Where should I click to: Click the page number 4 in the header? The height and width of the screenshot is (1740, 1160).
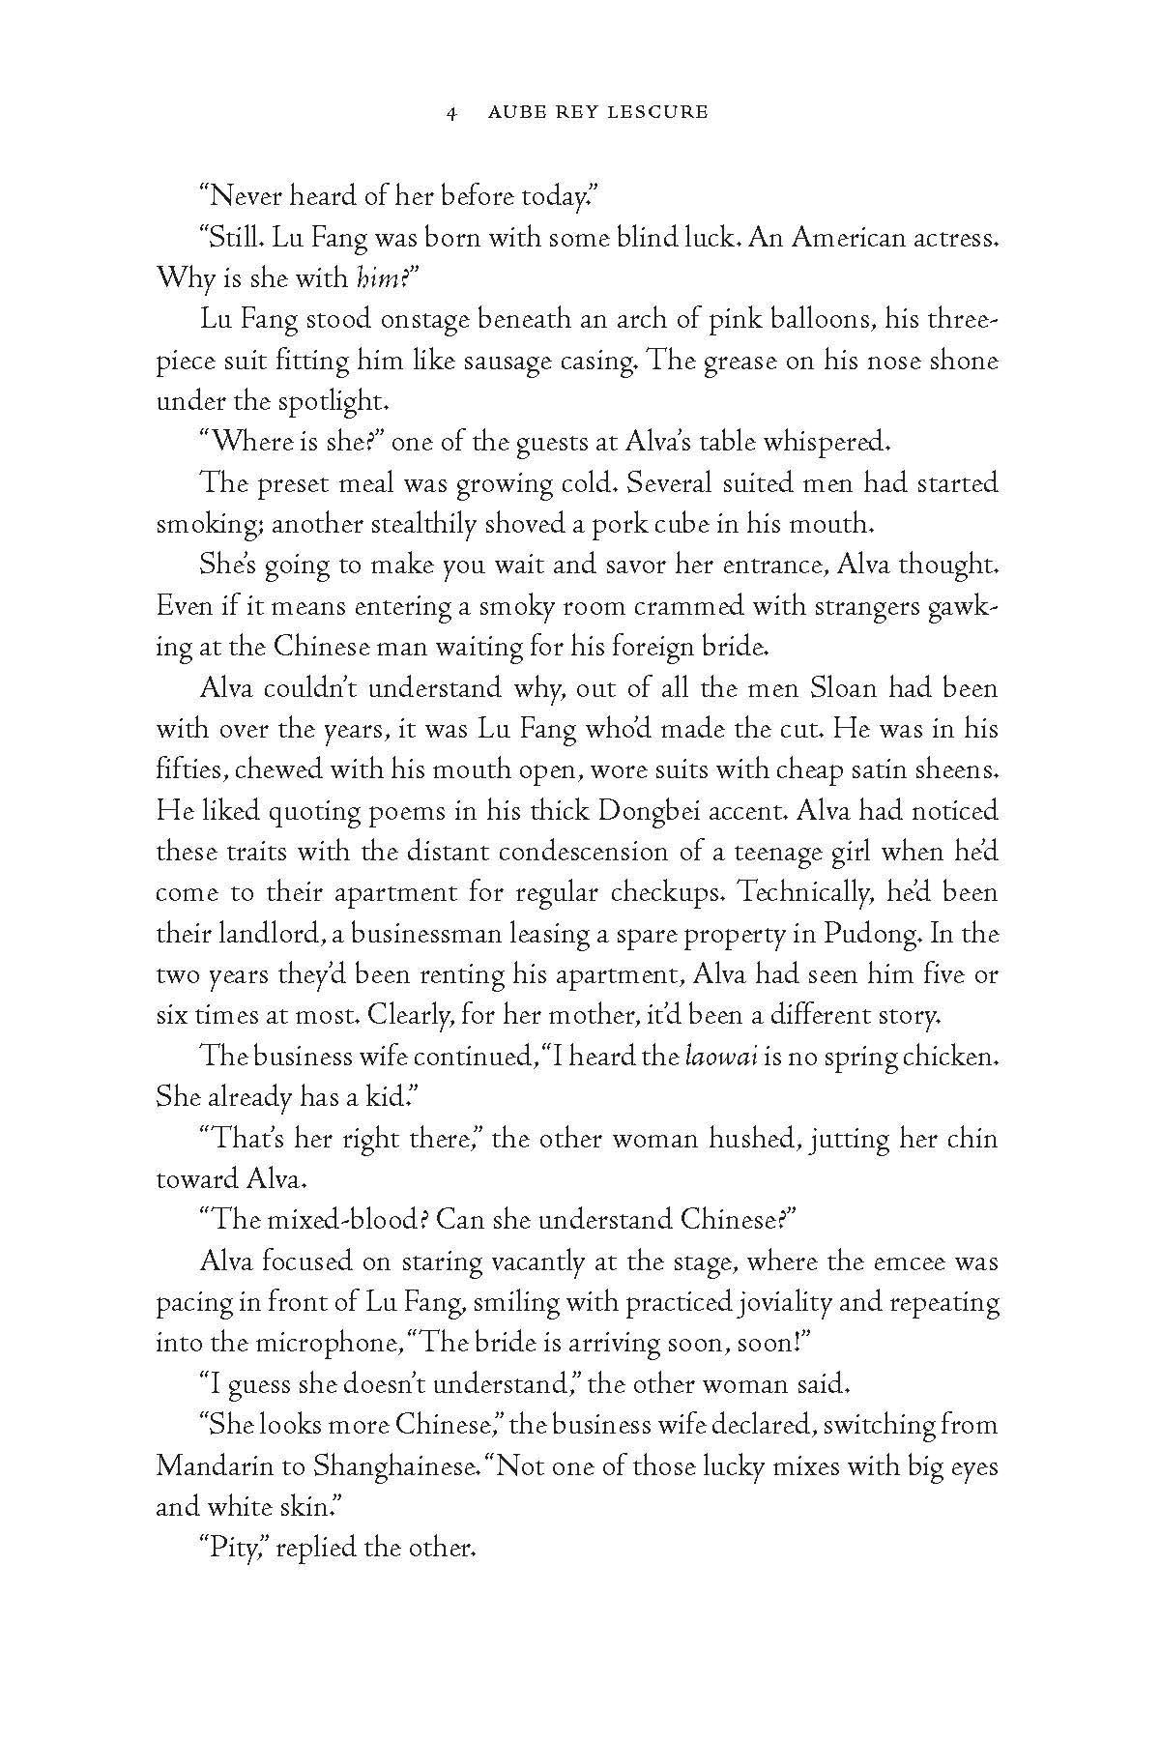click(x=450, y=113)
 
